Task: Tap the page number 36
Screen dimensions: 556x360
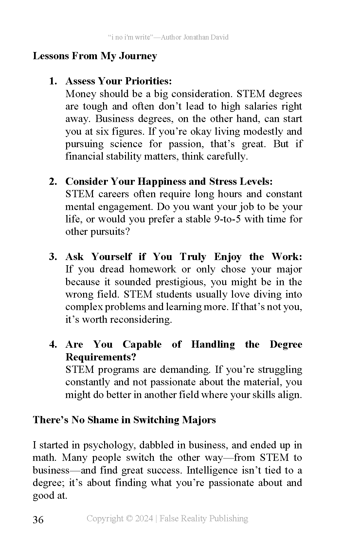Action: tap(38, 520)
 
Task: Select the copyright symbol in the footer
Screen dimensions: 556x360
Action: tap(129, 518)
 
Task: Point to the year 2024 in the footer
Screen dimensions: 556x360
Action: tap(144, 518)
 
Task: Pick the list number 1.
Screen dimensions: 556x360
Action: tap(53, 81)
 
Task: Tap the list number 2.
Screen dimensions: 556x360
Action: tap(53, 182)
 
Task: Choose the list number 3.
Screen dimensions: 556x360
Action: tap(53, 257)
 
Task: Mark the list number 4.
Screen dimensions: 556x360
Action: tap(53, 344)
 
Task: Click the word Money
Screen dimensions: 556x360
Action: tap(81, 94)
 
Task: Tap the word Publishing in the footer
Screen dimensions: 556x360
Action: tap(228, 518)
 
